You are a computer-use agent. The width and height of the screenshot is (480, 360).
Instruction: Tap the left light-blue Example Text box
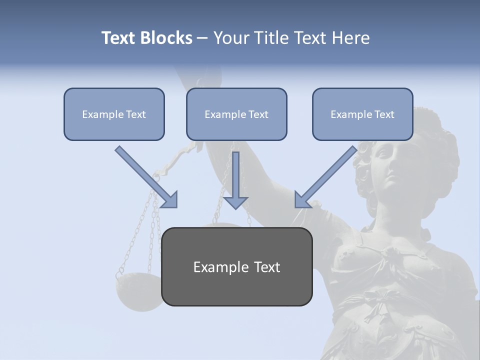click(114, 114)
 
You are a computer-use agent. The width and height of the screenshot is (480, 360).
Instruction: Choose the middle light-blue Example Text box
click(236, 114)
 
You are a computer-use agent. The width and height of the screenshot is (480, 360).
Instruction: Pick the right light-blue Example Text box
click(362, 114)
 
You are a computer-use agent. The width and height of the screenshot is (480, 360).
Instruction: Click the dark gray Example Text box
click(236, 266)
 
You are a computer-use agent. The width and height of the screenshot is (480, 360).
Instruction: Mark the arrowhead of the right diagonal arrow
click(303, 199)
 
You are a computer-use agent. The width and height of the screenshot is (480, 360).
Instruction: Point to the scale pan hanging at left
click(137, 292)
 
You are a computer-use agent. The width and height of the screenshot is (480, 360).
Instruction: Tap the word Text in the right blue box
click(384, 114)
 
